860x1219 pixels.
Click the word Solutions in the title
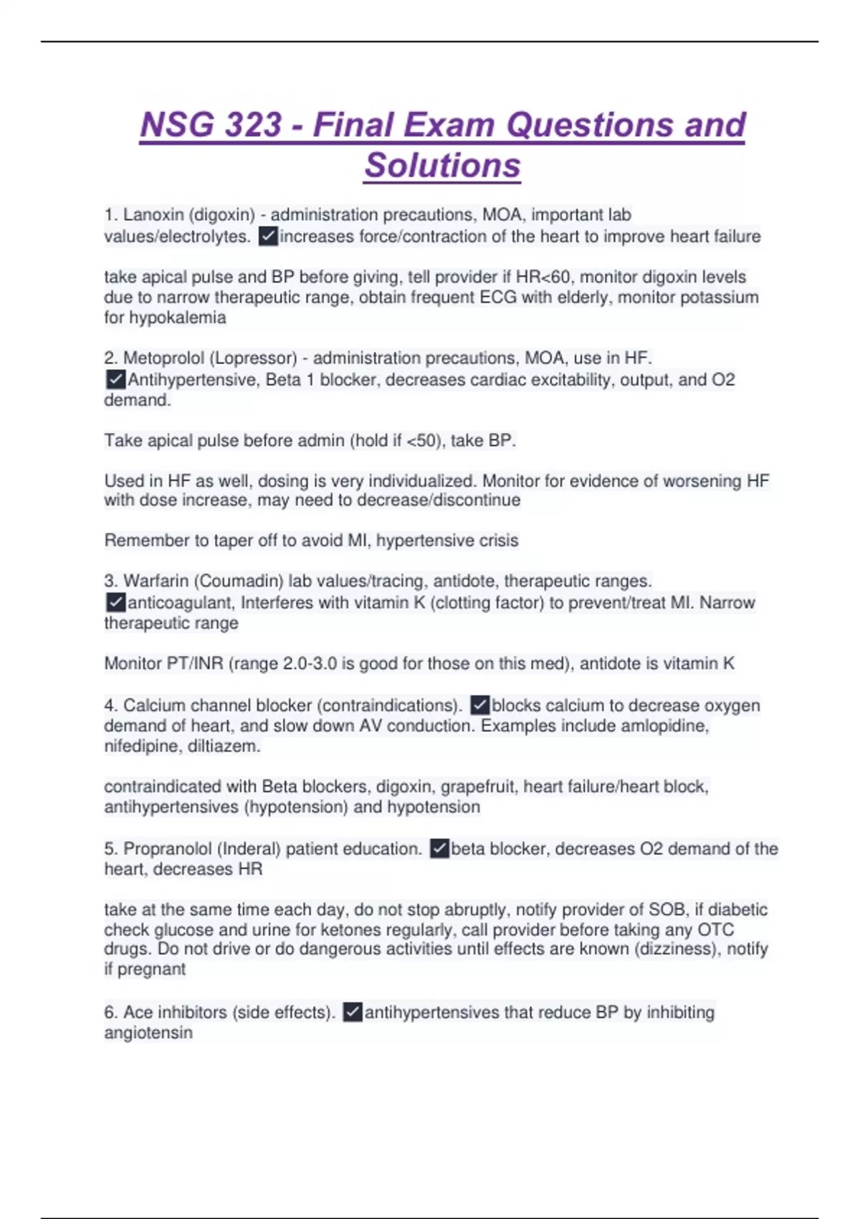442,165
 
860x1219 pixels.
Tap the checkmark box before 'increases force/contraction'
268,237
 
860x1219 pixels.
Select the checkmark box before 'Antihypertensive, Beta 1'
115,379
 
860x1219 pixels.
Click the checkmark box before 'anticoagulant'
115,602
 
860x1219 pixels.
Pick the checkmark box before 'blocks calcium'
480,706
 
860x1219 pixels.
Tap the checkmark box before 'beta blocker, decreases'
439,849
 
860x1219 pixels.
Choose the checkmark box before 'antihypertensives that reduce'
353,1012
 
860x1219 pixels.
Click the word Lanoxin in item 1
152,215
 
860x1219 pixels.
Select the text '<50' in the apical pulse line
421,440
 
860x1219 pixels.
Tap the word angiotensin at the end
148,1033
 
